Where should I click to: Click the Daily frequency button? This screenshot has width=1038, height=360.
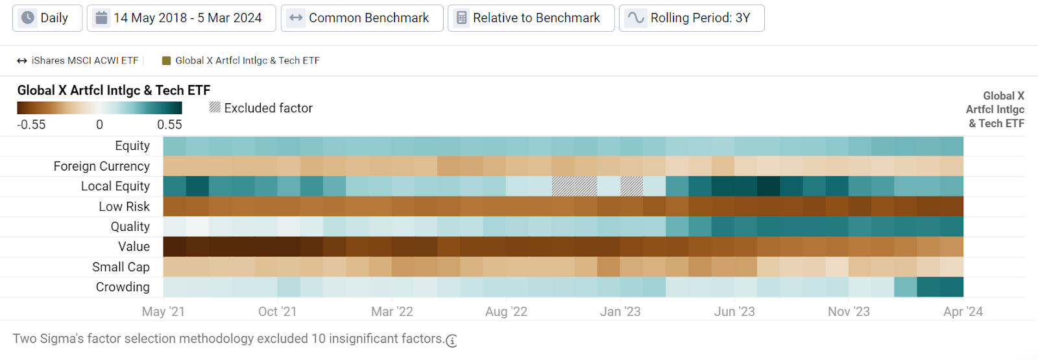pyautogui.click(x=47, y=18)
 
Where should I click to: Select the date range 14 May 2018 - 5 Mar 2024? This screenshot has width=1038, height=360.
pyautogui.click(x=181, y=18)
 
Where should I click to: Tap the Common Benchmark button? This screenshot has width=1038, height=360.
pyautogui.click(x=362, y=18)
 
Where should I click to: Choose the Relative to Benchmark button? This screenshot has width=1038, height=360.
pyautogui.click(x=530, y=18)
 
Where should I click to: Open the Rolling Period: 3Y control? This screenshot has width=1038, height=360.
pyautogui.click(x=692, y=18)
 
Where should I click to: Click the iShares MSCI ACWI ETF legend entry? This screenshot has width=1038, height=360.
pyautogui.click(x=78, y=60)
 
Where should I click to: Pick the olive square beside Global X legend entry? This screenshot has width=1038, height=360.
pyautogui.click(x=167, y=60)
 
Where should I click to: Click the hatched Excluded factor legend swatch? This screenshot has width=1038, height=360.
pyautogui.click(x=215, y=107)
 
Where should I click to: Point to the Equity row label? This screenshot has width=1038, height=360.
pyautogui.click(x=132, y=146)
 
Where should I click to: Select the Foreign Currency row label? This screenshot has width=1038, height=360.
pyautogui.click(x=102, y=166)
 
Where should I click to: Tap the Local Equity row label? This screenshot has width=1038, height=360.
pyautogui.click(x=115, y=186)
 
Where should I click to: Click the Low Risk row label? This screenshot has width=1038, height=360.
pyautogui.click(x=124, y=206)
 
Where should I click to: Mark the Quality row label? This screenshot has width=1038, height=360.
pyautogui.click(x=130, y=226)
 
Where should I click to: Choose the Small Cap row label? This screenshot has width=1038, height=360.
pyautogui.click(x=121, y=267)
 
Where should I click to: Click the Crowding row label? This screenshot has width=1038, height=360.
pyautogui.click(x=123, y=287)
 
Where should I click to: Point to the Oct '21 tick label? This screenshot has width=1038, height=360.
pyautogui.click(x=277, y=311)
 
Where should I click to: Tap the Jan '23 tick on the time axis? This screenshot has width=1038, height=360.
pyautogui.click(x=620, y=311)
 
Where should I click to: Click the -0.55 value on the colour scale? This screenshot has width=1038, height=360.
pyautogui.click(x=31, y=125)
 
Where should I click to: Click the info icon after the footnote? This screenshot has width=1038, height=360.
pyautogui.click(x=452, y=341)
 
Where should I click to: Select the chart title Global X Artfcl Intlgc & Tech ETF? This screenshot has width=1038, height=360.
pyautogui.click(x=114, y=90)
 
